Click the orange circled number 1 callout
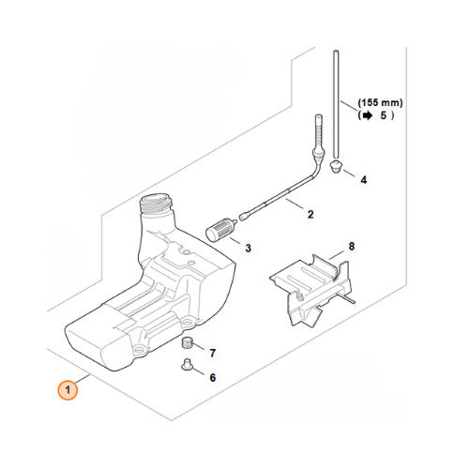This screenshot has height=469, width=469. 67,389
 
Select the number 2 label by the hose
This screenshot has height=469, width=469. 310,215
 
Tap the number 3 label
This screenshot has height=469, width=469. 248,249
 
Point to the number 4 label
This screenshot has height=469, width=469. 363,178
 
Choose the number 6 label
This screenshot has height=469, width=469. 212,377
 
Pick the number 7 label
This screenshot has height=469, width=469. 212,354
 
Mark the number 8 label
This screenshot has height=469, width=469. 352,247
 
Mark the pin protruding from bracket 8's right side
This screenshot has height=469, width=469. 350,301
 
